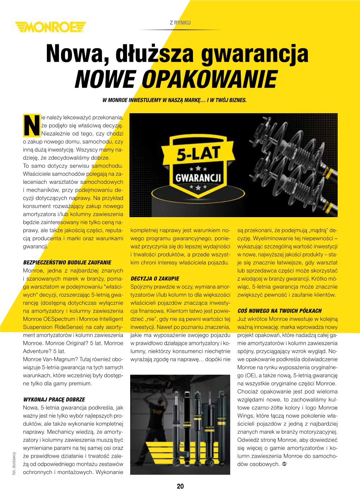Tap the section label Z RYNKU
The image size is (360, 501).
point(181,22)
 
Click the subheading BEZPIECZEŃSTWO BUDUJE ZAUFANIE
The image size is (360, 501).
point(67,263)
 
